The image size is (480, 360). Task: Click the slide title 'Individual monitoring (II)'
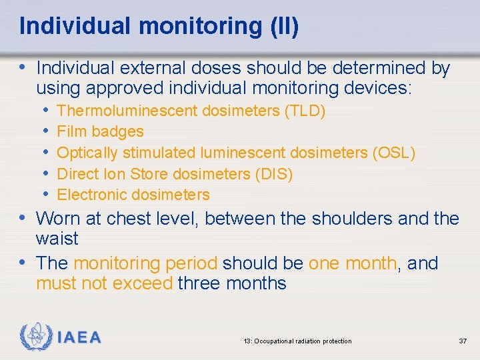[x=159, y=26]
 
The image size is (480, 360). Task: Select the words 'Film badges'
[x=101, y=132]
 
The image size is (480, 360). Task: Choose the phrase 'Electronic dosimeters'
[x=133, y=195]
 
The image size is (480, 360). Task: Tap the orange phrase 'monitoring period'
[x=145, y=263]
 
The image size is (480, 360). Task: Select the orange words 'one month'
[x=352, y=263]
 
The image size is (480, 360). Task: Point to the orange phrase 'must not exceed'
[x=105, y=283]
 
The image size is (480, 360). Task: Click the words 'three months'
[x=232, y=283]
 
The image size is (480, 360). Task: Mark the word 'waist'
[x=57, y=239]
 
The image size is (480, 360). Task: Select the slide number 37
[x=463, y=341]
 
